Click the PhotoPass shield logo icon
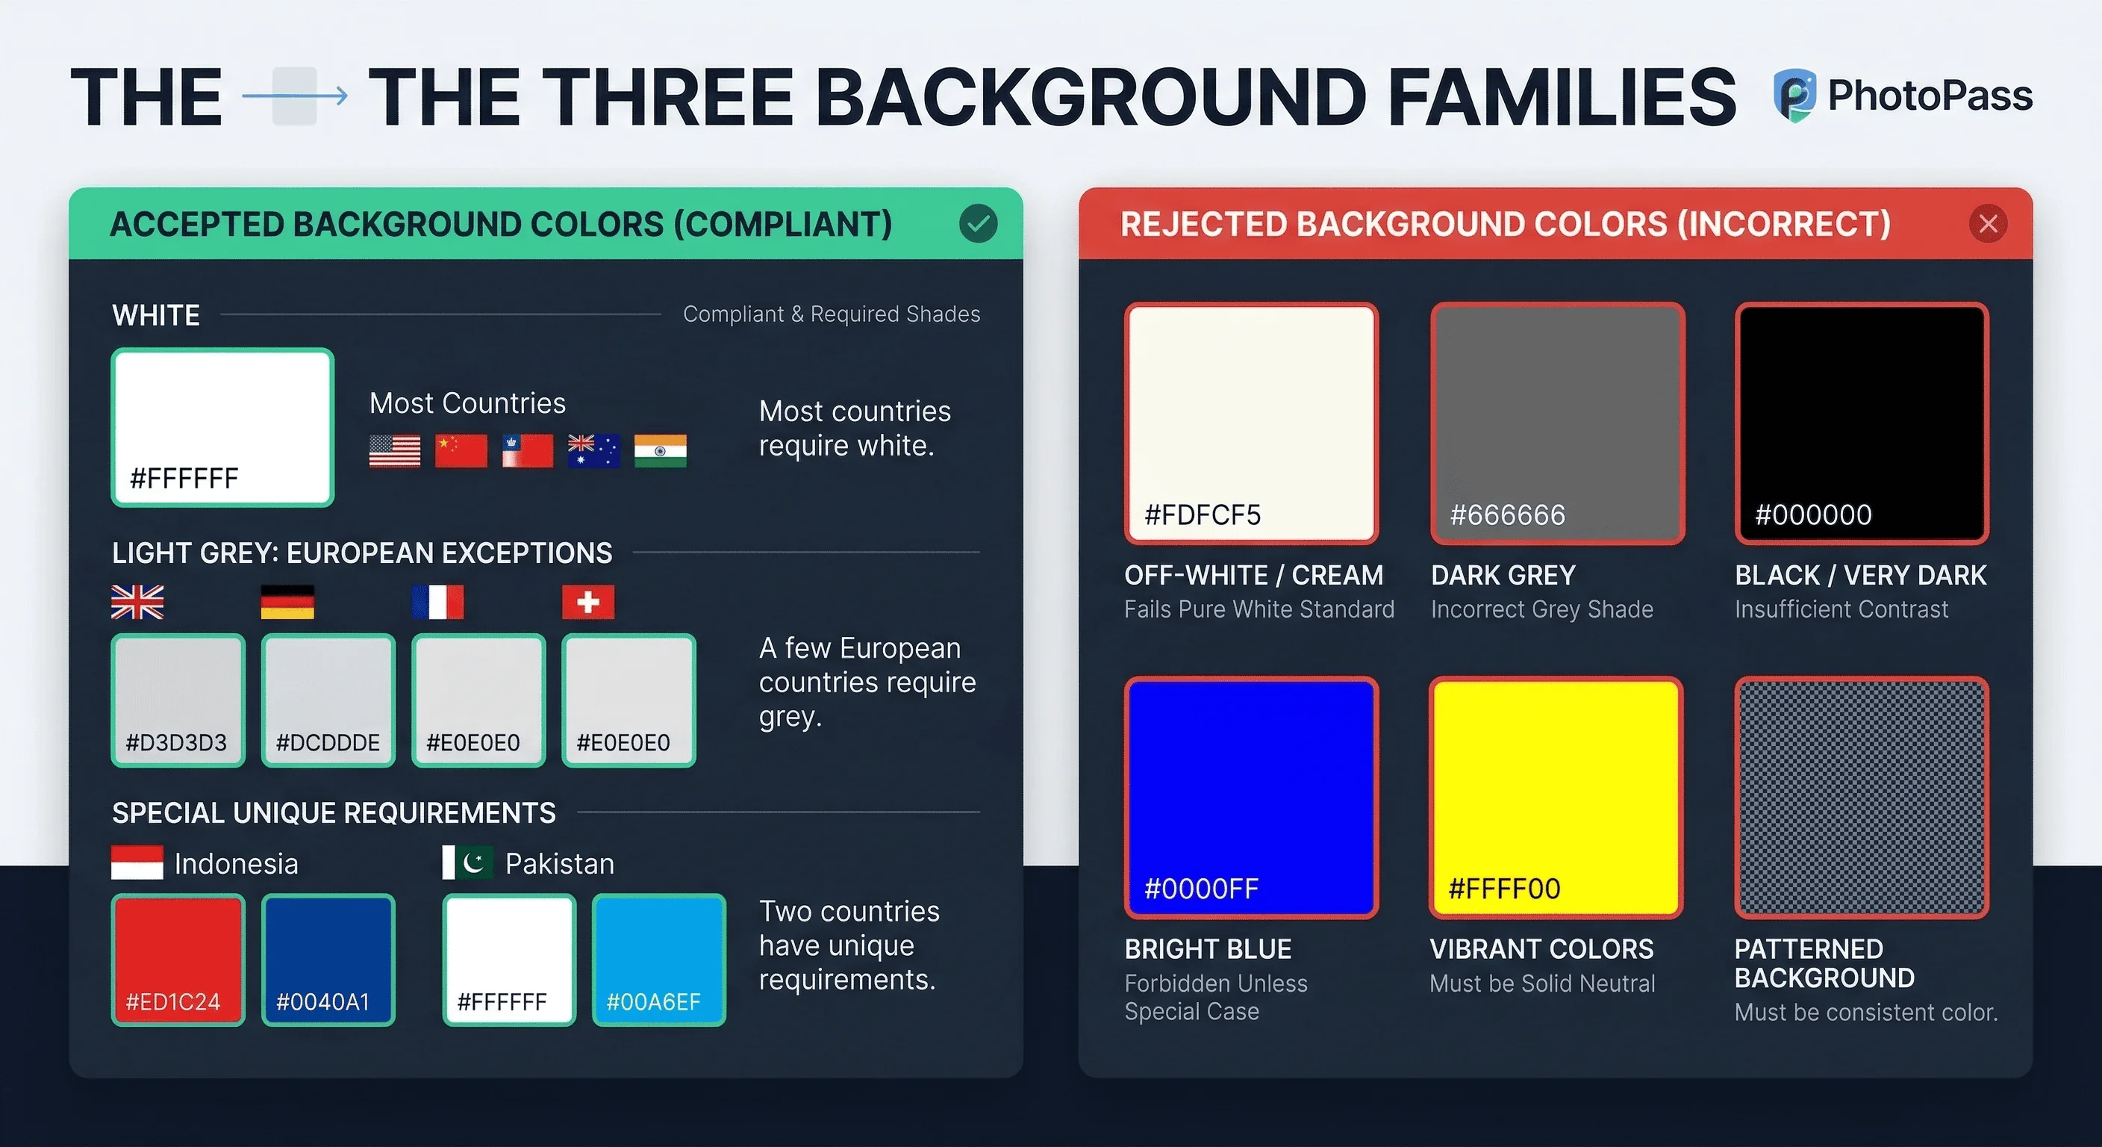point(1794,96)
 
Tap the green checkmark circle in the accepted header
point(978,224)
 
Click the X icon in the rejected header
point(1988,224)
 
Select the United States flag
point(395,450)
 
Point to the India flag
point(660,450)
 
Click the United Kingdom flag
point(137,603)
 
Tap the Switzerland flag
point(588,603)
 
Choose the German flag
point(287,603)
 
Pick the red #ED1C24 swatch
point(178,960)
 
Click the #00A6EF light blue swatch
point(658,960)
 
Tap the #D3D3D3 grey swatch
point(178,700)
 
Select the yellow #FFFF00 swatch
point(1556,797)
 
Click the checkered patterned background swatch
point(1862,797)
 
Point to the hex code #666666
point(1507,515)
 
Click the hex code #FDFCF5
point(1202,515)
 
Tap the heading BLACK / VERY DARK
point(1860,576)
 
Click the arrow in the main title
point(296,96)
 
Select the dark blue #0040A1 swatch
point(328,960)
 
